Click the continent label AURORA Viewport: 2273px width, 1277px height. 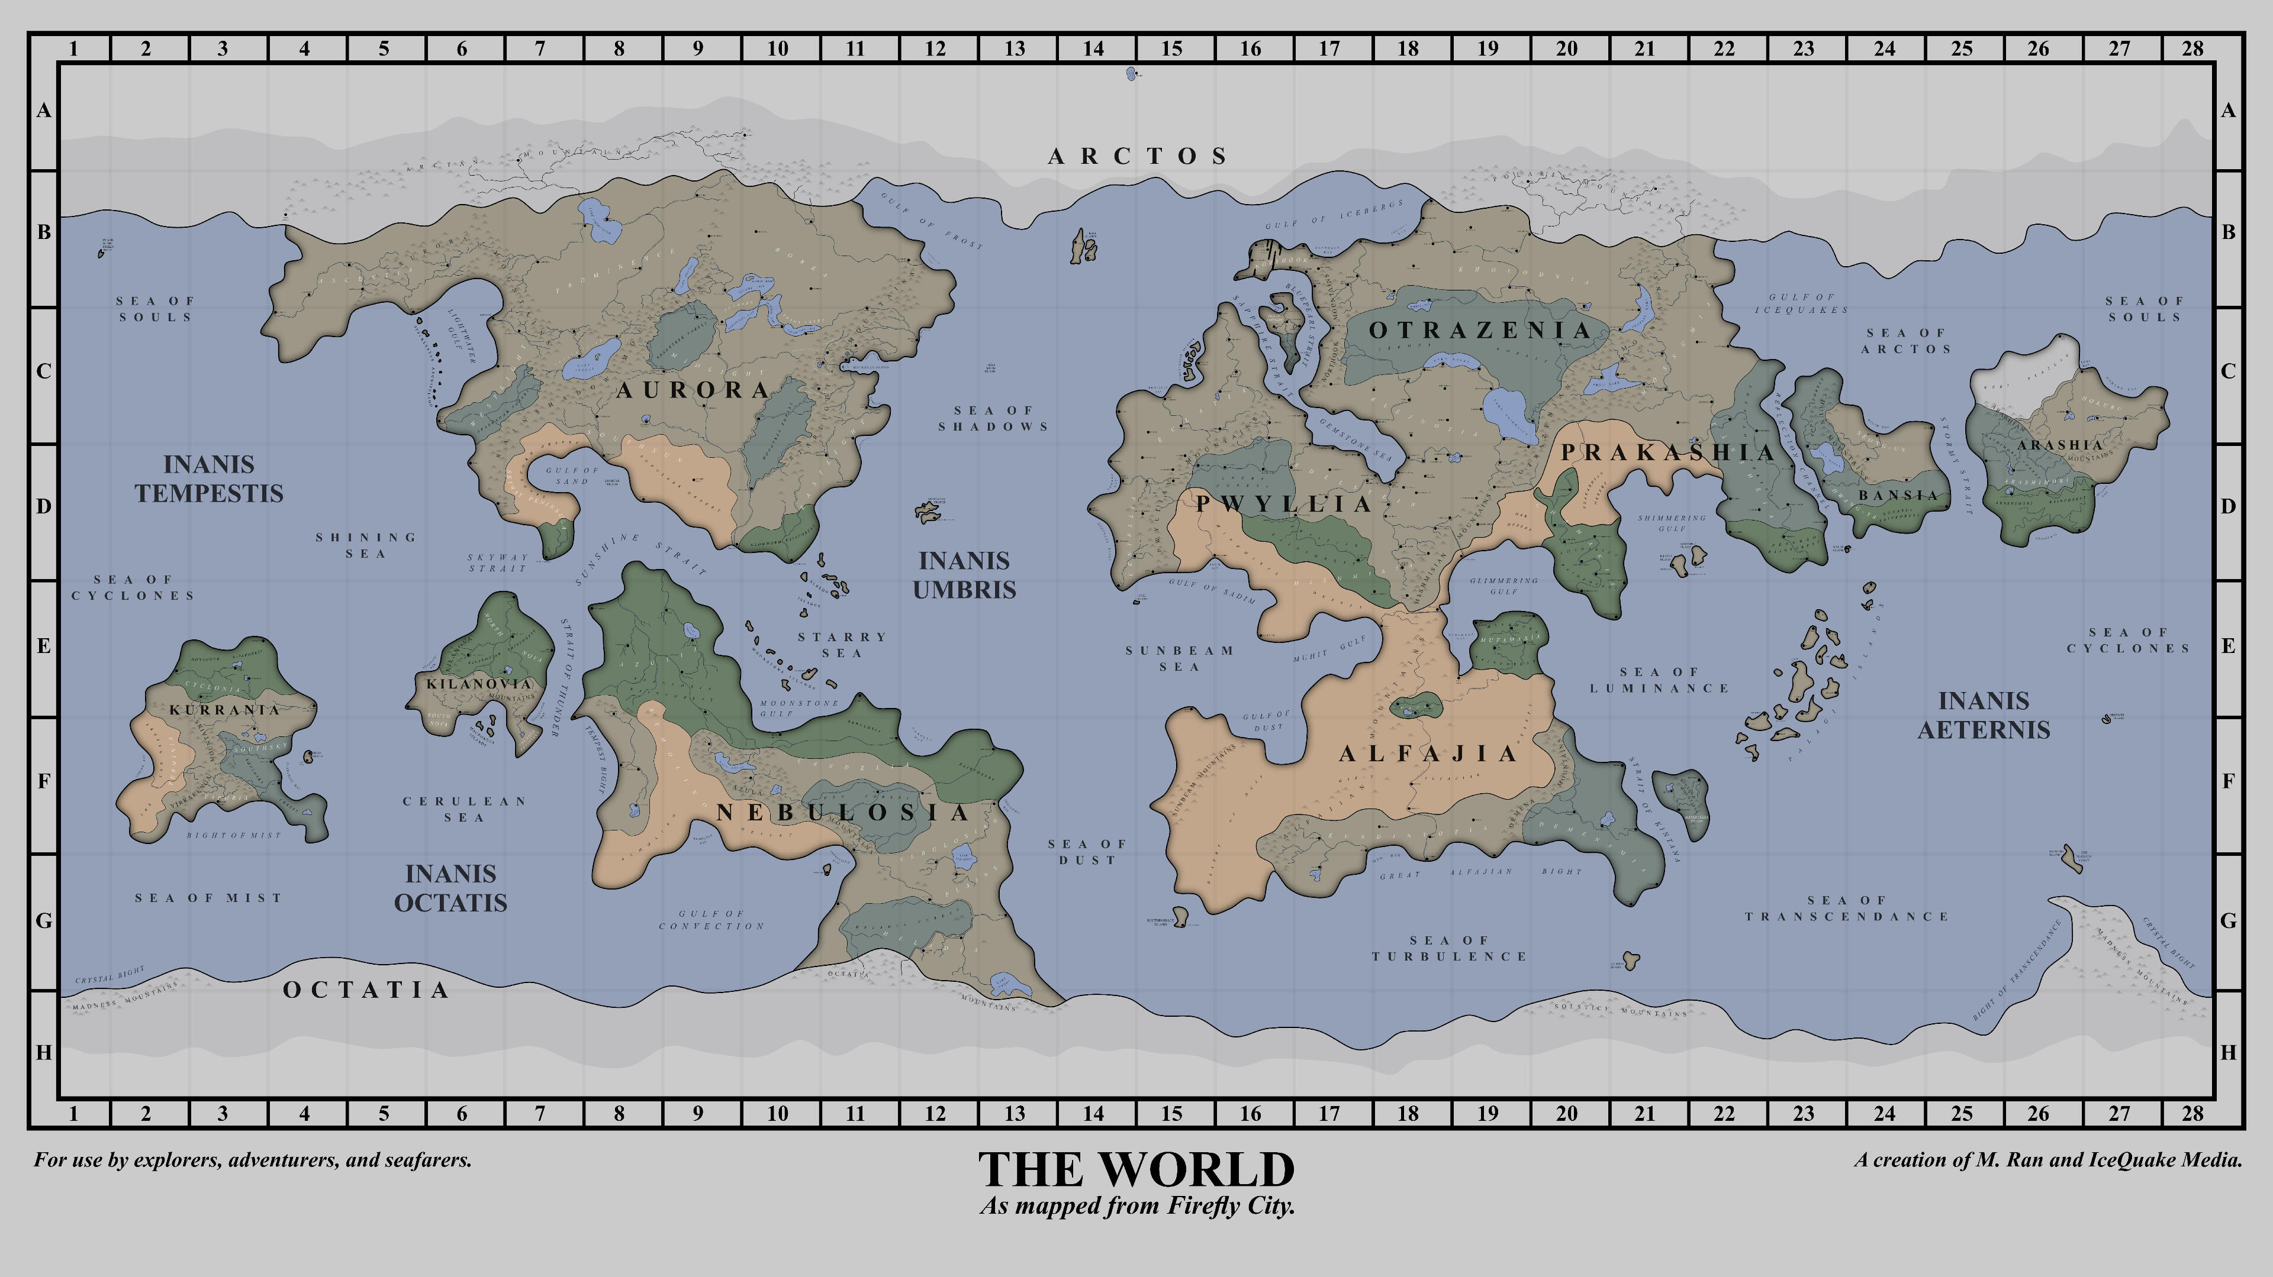coord(693,391)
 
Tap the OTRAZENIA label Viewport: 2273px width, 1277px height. coord(1480,331)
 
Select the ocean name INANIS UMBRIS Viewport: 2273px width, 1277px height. coord(964,575)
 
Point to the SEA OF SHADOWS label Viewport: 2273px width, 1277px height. coord(994,419)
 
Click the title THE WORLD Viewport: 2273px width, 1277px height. coord(1136,1171)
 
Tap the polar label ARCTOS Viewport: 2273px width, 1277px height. coord(1138,157)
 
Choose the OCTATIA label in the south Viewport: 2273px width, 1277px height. coord(365,990)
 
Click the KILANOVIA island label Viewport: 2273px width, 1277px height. coord(479,684)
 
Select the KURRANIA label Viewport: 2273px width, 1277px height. coord(224,710)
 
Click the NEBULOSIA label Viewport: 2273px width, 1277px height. coord(843,813)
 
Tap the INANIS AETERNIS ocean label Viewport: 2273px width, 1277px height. coord(1984,715)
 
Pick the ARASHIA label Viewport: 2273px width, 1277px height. coord(2059,445)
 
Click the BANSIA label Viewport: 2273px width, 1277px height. coord(1898,496)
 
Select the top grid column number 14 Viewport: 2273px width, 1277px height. coord(1093,49)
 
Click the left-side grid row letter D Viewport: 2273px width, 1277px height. coord(43,507)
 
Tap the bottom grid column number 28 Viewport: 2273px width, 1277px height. coord(2192,1114)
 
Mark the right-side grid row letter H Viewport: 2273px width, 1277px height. coord(2228,1052)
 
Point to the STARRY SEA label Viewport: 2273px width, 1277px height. coord(842,645)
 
